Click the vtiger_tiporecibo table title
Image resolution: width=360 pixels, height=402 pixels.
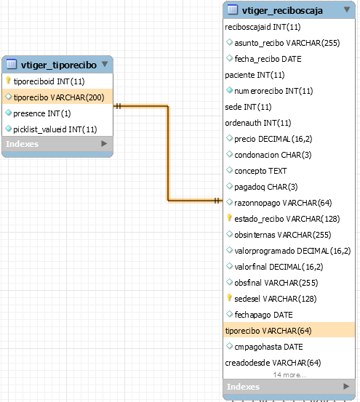59,65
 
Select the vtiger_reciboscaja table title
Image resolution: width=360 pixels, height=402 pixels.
282,10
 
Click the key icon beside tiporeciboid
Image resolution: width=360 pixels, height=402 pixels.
8,81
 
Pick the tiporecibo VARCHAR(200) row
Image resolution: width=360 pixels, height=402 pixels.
57,97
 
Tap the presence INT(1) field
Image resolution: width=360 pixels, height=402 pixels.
41,113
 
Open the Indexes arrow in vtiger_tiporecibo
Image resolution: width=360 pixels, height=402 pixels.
104,144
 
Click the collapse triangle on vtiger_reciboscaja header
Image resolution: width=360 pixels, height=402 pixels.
347,9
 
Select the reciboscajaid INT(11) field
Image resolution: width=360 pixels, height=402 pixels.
263,27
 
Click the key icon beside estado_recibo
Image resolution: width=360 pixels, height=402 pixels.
229,218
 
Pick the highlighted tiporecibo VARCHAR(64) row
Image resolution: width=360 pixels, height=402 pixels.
289,331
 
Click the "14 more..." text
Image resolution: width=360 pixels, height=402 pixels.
289,375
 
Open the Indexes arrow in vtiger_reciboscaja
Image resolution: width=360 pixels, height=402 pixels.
346,386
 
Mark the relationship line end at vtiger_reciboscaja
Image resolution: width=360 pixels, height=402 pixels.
222,201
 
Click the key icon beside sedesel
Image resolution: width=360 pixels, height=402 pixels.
229,298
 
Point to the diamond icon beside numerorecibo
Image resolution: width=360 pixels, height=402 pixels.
229,90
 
